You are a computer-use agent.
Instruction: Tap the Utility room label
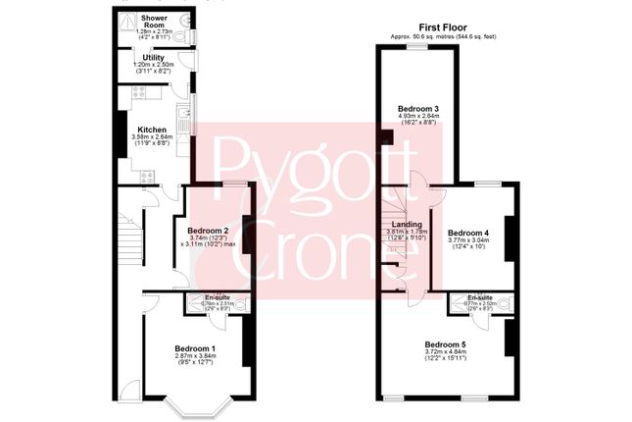(152, 58)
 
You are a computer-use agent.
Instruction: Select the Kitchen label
(152, 130)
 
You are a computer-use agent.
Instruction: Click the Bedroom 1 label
(195, 348)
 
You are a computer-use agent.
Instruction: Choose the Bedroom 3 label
(417, 107)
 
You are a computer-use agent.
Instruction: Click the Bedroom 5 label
(445, 343)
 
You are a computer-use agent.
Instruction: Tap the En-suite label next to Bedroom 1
(218, 296)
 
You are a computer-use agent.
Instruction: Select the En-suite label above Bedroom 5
(480, 296)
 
